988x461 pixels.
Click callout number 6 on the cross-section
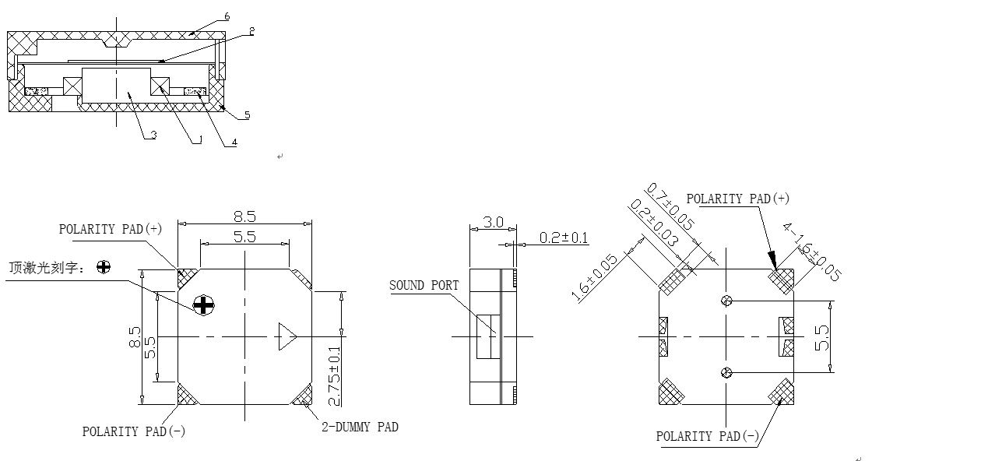tap(227, 16)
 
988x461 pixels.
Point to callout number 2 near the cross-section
tap(251, 31)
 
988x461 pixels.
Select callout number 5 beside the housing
tap(247, 115)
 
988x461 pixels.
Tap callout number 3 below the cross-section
tap(153, 135)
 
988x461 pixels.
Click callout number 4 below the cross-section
tap(234, 142)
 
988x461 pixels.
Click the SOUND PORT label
tap(424, 286)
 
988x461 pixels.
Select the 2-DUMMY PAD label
tap(360, 427)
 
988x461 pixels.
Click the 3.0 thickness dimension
tap(493, 222)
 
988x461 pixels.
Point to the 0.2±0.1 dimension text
tap(564, 238)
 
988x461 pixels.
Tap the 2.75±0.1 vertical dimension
tap(335, 376)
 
